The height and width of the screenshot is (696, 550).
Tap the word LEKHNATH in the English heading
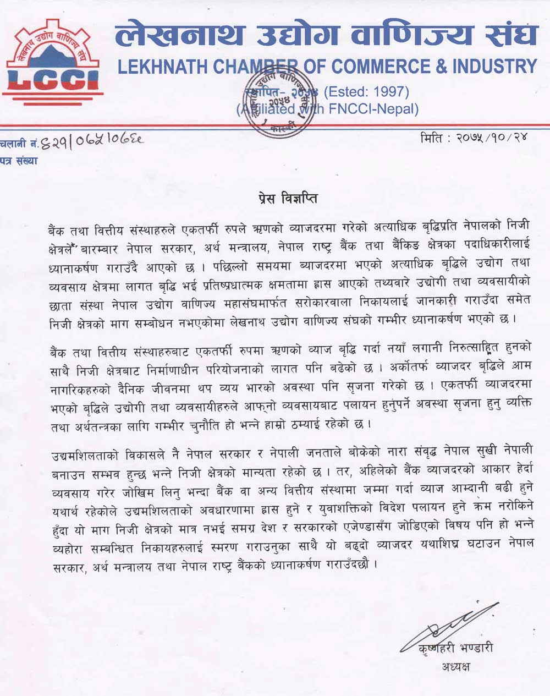(x=157, y=67)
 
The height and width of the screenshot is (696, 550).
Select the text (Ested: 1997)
(x=366, y=91)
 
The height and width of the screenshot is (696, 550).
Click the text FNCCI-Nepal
(x=377, y=109)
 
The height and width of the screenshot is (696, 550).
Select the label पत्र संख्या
(x=20, y=161)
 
